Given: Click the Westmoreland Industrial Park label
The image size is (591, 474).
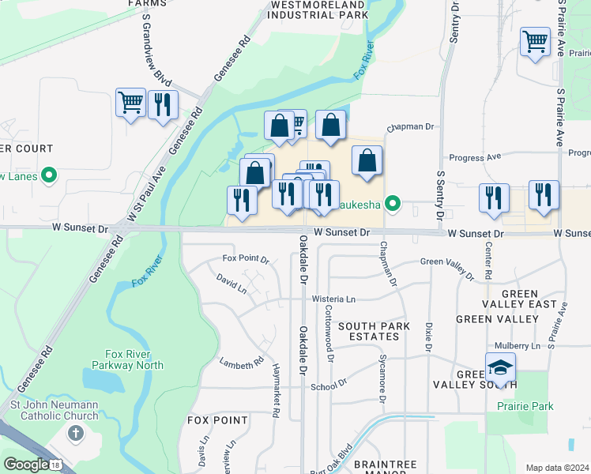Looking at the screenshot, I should pos(319,9).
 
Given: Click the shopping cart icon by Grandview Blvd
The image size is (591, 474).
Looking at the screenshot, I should pos(130,102).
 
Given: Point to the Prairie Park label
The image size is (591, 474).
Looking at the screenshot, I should pos(525,407).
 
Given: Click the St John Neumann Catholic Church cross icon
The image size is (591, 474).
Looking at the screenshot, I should pos(75,432).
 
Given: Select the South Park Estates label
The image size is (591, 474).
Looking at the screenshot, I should pos(368,331).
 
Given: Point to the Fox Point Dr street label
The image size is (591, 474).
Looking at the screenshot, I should pos(246,259).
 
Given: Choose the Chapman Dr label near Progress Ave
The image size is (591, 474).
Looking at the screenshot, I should pos(411,126).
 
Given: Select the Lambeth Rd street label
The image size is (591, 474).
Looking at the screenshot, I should pos(242,363).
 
